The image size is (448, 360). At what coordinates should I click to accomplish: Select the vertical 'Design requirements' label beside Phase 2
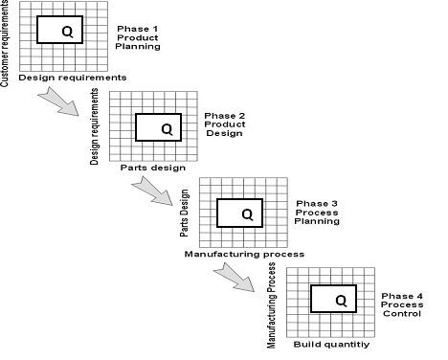coord(95,126)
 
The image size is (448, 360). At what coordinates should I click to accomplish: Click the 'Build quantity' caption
coord(331,344)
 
